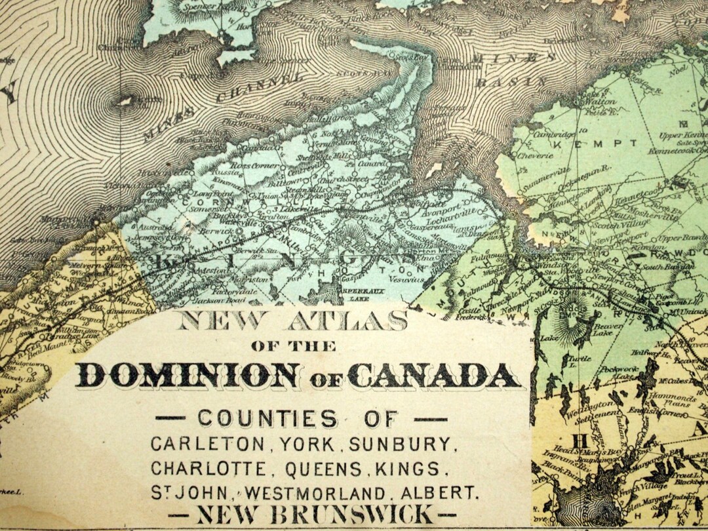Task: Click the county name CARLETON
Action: [x=209, y=444]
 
